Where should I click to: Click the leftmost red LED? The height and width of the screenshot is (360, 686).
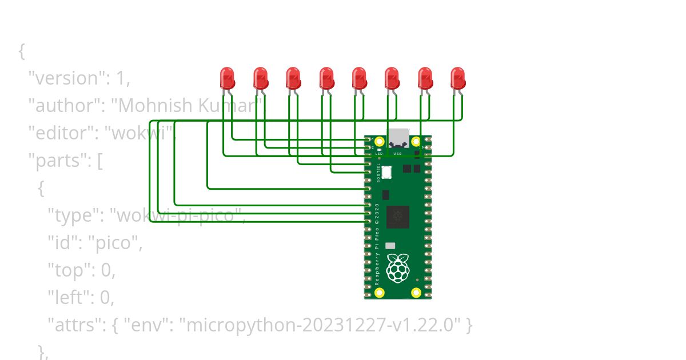click(x=228, y=78)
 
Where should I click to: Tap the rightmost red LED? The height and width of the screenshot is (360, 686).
click(x=458, y=78)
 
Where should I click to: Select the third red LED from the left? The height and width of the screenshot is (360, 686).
click(x=293, y=78)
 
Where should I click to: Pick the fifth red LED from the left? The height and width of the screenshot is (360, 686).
click(x=359, y=78)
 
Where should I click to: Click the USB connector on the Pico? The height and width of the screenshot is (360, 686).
click(x=398, y=138)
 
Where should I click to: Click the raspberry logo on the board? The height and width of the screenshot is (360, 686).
click(x=397, y=267)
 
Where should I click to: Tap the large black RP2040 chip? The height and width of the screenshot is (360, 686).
click(x=398, y=217)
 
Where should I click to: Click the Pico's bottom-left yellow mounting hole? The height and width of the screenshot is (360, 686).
click(x=379, y=293)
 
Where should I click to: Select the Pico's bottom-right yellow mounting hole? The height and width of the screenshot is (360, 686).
click(x=417, y=293)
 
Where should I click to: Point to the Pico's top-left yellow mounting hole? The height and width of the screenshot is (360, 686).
click(x=379, y=141)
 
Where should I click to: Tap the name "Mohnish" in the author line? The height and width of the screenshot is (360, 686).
click(x=146, y=106)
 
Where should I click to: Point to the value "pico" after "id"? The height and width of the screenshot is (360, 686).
click(x=116, y=243)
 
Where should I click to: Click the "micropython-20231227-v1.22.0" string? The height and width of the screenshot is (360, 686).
click(x=320, y=325)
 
